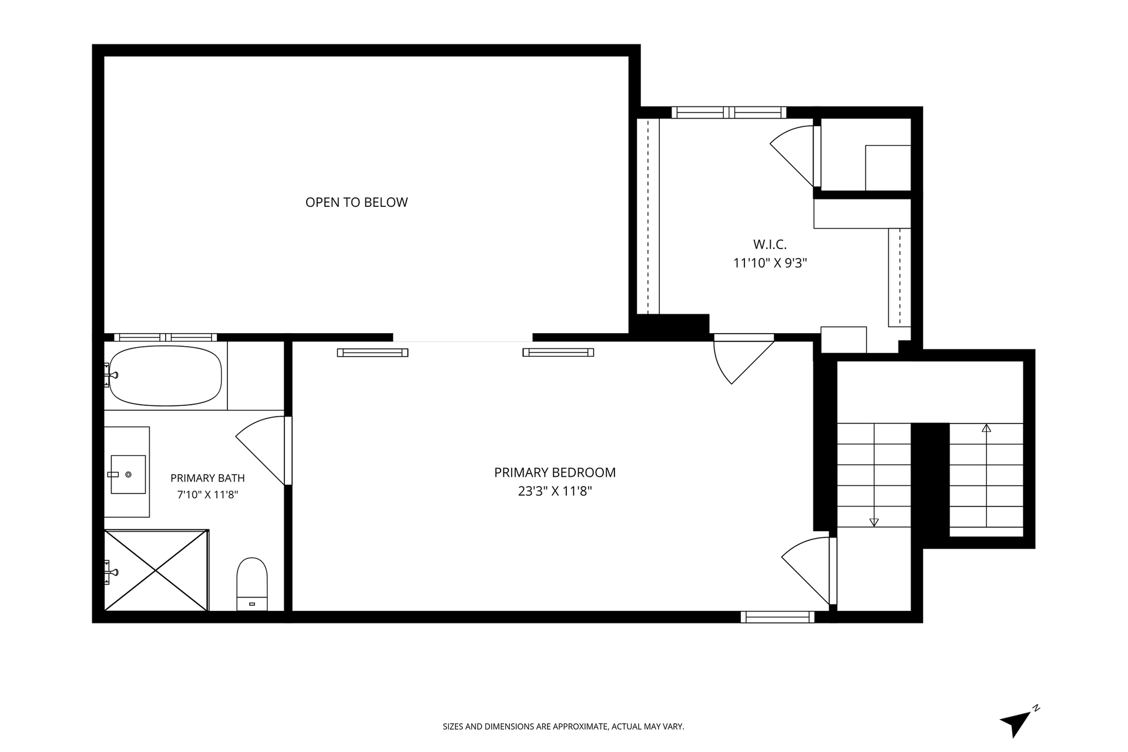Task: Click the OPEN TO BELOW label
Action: pyautogui.click(x=357, y=202)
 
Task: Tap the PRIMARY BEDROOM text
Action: pyautogui.click(x=555, y=472)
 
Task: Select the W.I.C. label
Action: pyautogui.click(x=770, y=244)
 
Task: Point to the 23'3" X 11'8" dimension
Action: pyautogui.click(x=555, y=491)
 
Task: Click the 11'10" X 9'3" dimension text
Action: pyautogui.click(x=770, y=263)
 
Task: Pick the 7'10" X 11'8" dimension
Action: pyautogui.click(x=207, y=495)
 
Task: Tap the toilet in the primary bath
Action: pyautogui.click(x=252, y=584)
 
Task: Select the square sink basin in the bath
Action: pyautogui.click(x=128, y=474)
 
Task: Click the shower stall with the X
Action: pyautogui.click(x=156, y=570)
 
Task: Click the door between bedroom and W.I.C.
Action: pyautogui.click(x=744, y=359)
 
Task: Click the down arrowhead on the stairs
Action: pyautogui.click(x=874, y=522)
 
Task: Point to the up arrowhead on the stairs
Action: pyautogui.click(x=986, y=428)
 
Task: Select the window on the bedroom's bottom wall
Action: pyautogui.click(x=777, y=617)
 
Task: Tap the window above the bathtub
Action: pyautogui.click(x=166, y=337)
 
